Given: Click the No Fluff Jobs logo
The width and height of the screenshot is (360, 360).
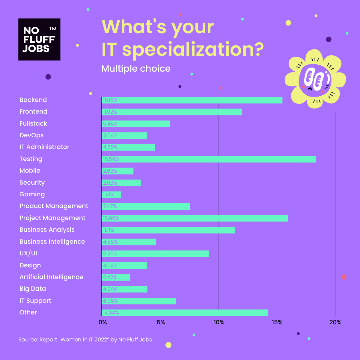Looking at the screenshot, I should tap(39, 39).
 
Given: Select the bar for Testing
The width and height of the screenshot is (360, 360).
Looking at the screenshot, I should tap(209, 159).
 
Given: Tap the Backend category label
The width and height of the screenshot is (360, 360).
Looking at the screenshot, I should tap(33, 100).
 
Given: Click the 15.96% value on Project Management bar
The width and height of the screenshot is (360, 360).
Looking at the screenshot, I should tap(111, 218).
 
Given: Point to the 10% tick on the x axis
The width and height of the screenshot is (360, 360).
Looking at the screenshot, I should tap(219, 322).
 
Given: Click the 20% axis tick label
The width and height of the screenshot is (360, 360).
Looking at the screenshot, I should tap(335, 322).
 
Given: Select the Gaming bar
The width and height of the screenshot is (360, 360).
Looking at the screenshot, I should tap(111, 195).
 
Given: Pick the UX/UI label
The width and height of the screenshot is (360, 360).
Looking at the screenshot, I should tap(28, 253).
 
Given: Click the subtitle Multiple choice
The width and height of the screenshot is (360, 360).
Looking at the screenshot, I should tap(136, 68).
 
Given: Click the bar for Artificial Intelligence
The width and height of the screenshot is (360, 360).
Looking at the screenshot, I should tap(116, 277).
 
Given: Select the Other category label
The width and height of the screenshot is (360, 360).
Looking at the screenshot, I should tap(28, 312).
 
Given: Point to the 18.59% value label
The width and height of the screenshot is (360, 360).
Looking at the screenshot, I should tap(111, 159).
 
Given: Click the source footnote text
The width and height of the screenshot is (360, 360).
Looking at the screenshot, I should tap(85, 340).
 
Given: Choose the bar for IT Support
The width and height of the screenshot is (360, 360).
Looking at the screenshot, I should tap(138, 301).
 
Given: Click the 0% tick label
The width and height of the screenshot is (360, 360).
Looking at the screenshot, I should tap(103, 322).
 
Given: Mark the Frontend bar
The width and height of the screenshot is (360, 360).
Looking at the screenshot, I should tap(172, 112).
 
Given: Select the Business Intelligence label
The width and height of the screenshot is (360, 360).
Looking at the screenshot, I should tap(52, 242).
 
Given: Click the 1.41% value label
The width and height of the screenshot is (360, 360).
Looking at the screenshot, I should tap(108, 195).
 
